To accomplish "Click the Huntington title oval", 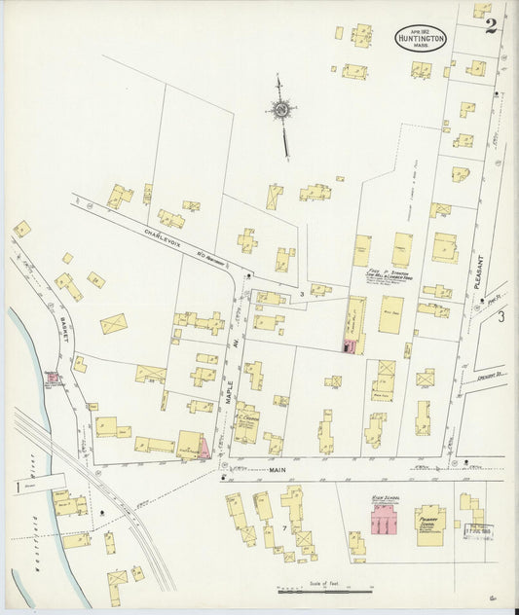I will (x=421, y=38).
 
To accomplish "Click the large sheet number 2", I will (x=491, y=24).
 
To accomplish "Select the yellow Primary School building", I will (x=430, y=520).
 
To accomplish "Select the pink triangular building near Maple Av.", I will (x=204, y=447).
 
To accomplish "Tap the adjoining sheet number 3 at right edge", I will (x=501, y=317).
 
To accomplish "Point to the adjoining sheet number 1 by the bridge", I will (x=17, y=485).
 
